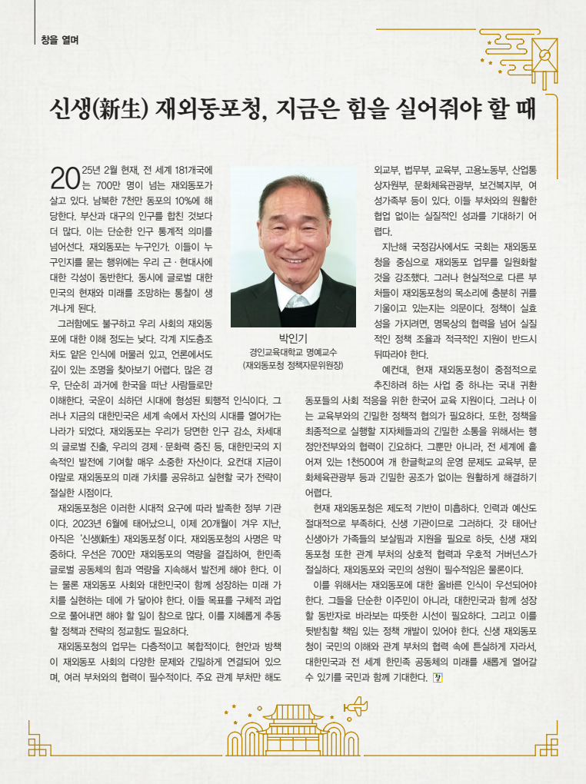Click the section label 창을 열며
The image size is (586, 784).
pos(59,39)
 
